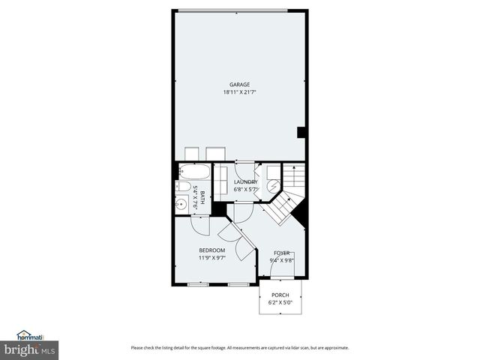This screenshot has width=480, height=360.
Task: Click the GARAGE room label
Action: click(x=239, y=84)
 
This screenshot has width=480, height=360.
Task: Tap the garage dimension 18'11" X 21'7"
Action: click(x=239, y=92)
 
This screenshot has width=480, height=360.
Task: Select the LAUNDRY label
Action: click(x=245, y=182)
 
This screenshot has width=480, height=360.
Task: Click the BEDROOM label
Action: click(x=211, y=250)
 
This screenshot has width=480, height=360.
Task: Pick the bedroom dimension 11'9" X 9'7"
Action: click(x=211, y=258)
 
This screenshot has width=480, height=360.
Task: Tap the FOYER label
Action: click(x=282, y=253)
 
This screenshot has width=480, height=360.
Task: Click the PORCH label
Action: click(x=280, y=295)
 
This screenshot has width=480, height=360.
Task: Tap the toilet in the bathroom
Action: click(x=182, y=187)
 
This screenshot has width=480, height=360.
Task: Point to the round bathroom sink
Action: click(x=182, y=203)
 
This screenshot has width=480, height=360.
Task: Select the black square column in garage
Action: click(x=301, y=133)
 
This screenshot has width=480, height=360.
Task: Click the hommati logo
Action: click(x=30, y=336)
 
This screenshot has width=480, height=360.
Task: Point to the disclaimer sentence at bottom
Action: click(x=239, y=347)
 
